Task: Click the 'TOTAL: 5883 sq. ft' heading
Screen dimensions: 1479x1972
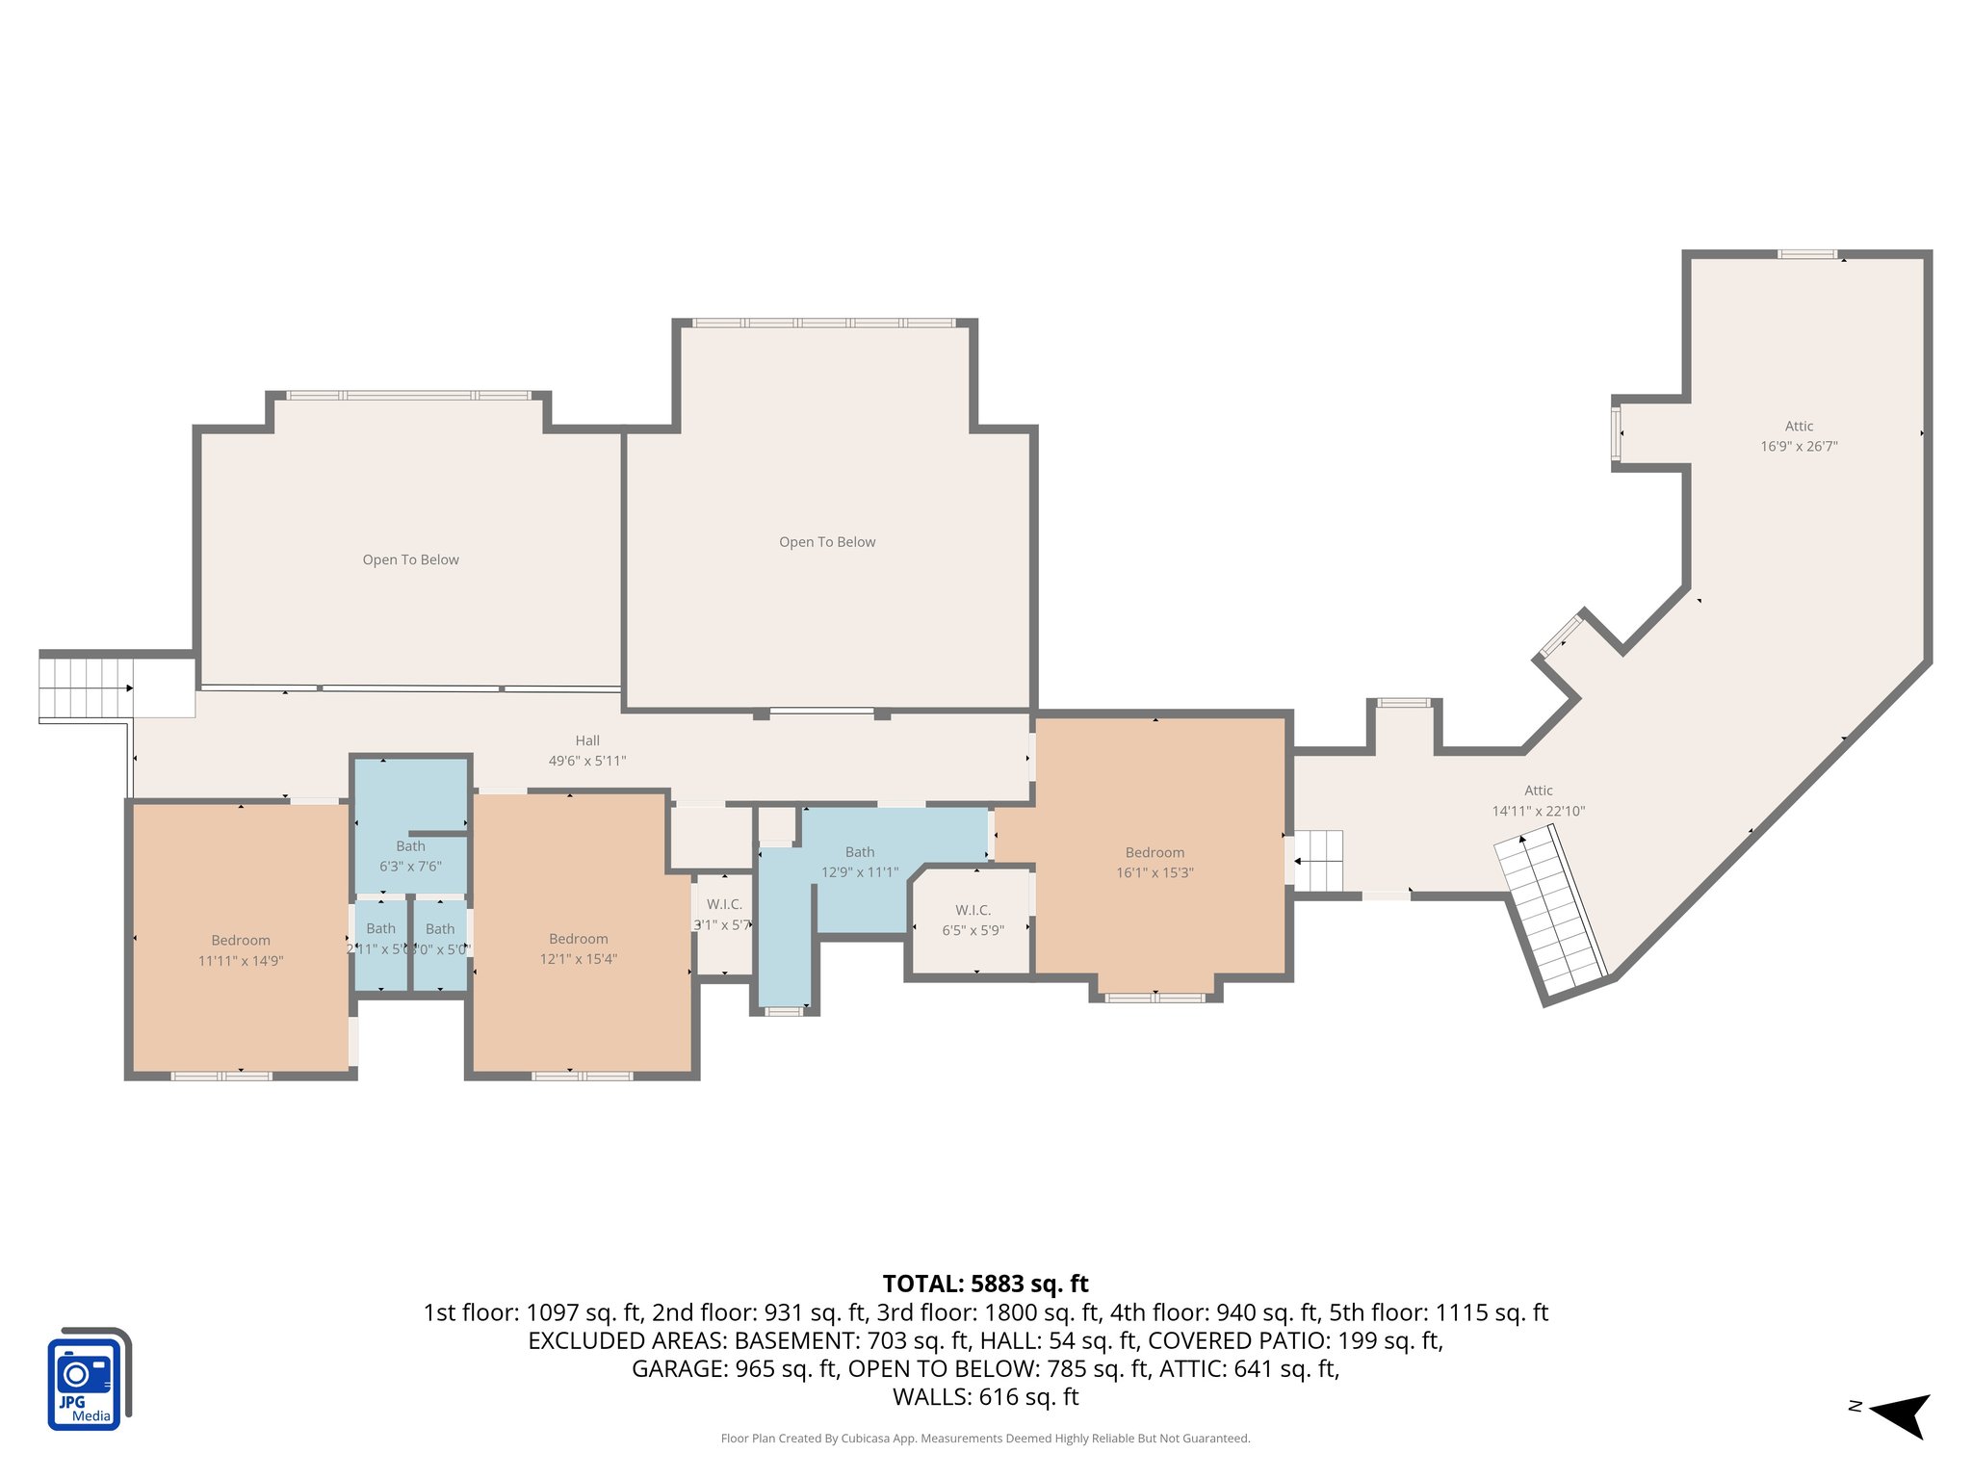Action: [x=985, y=1284]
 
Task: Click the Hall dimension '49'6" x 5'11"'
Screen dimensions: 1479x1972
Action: [x=587, y=761]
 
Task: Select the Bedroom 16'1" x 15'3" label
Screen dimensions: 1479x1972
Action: [x=1155, y=863]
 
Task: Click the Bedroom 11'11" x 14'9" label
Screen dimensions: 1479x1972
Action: [x=241, y=950]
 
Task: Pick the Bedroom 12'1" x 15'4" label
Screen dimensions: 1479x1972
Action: [x=578, y=948]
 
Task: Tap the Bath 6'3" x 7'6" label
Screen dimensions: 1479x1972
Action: [x=410, y=856]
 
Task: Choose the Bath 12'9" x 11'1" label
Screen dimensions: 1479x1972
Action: [x=859, y=862]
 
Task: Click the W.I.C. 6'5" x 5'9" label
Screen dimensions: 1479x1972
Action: [x=973, y=920]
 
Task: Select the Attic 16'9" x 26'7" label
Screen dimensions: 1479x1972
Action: [x=1799, y=436]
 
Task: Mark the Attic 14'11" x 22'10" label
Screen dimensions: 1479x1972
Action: [x=1538, y=800]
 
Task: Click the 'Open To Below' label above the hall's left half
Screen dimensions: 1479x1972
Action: [x=410, y=559]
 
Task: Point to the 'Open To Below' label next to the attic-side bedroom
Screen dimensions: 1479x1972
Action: [x=827, y=542]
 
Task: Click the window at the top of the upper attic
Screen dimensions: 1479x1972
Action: [x=1806, y=254]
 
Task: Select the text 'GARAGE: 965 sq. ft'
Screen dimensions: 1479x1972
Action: [x=734, y=1368]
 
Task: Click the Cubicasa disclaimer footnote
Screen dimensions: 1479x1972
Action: [x=985, y=1439]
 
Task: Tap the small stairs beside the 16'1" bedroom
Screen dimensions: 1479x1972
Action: [x=1317, y=860]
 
